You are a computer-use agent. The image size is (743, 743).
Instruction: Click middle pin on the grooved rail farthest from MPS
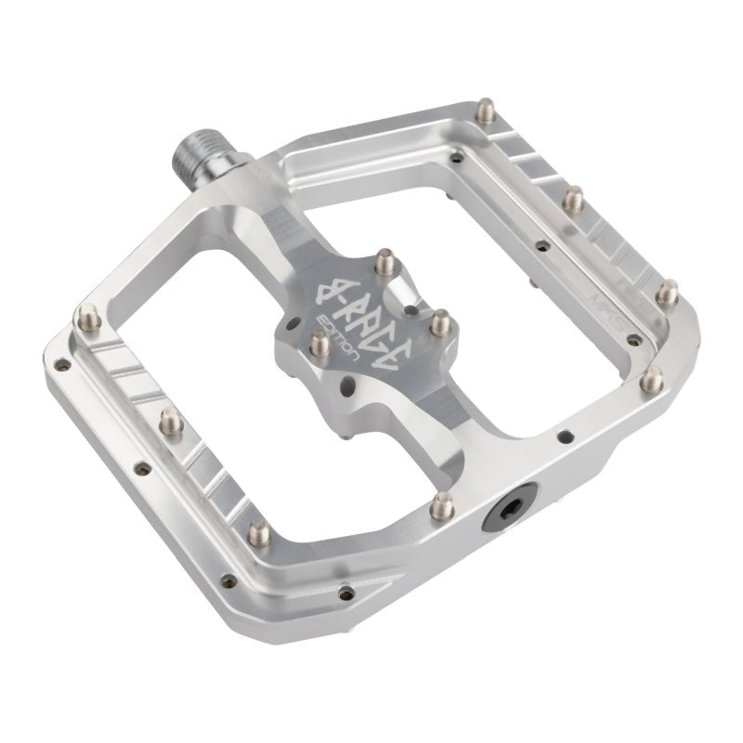pos(170,421)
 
